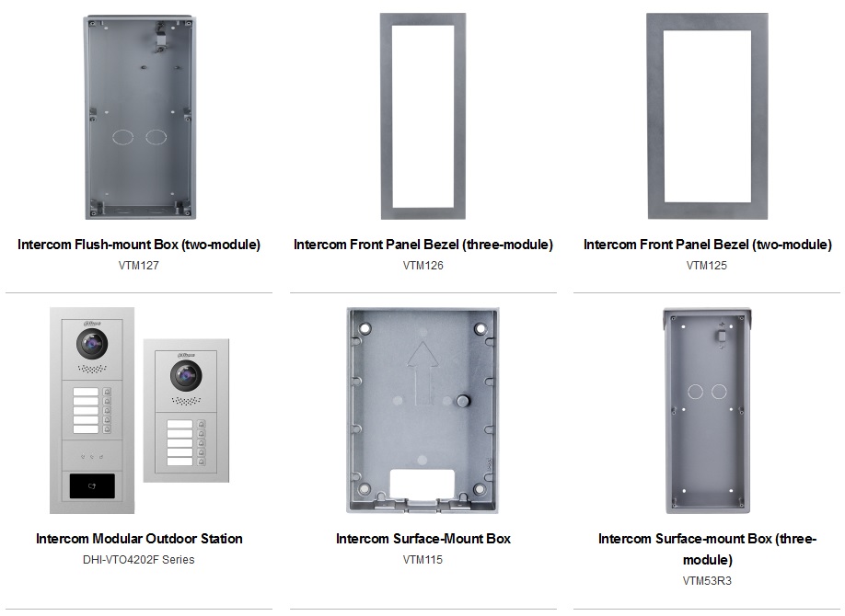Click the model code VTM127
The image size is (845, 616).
pos(139,266)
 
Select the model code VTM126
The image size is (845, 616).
pos(422,266)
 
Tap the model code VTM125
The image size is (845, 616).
pos(707,266)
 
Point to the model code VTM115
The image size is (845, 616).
pos(422,560)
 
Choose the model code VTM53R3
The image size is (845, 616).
pos(707,581)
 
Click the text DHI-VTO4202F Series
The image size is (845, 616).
pos(139,560)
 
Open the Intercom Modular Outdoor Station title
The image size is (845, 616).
pos(139,539)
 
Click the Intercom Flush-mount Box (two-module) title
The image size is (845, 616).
pos(139,245)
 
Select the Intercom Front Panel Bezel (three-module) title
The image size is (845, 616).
pos(422,245)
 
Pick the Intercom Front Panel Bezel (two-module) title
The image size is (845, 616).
pos(707,245)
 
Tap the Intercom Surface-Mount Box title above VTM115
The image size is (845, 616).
pos(422,539)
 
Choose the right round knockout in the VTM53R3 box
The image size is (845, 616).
pos(719,392)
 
